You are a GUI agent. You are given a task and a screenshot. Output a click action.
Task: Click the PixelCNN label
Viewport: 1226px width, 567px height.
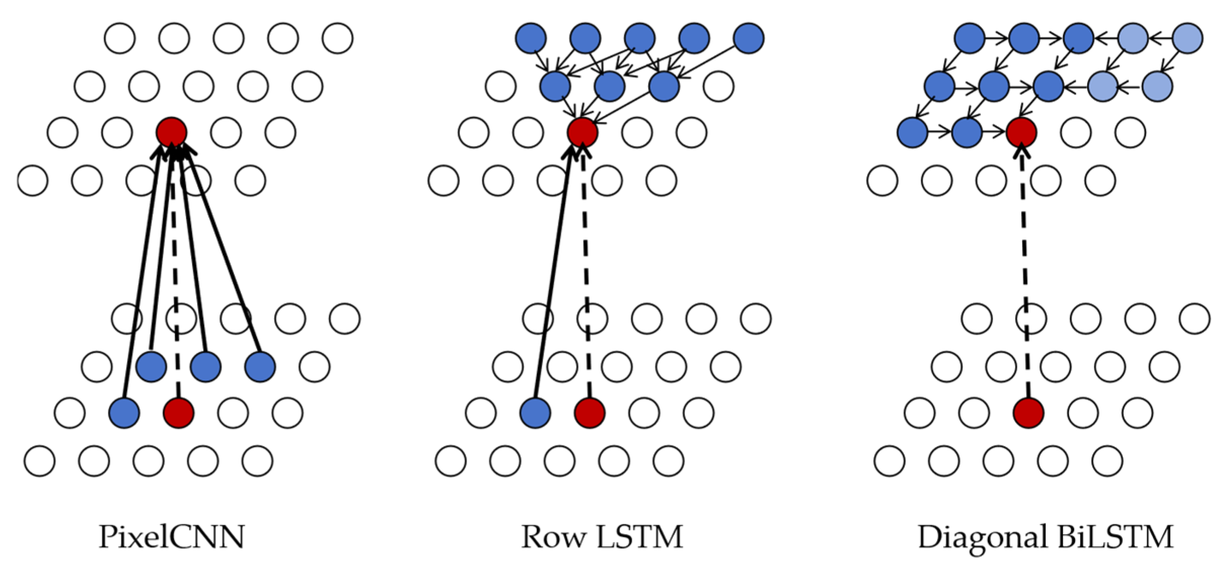coord(171,537)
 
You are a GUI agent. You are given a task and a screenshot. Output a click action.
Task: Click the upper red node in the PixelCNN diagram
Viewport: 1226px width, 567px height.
coord(172,132)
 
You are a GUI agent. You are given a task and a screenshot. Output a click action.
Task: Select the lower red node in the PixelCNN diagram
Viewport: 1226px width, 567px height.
coord(178,413)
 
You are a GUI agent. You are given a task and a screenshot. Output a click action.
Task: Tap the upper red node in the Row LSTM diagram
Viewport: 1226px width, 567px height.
coord(583,132)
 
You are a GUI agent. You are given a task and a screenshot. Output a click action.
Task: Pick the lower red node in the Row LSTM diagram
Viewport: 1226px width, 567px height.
coord(590,413)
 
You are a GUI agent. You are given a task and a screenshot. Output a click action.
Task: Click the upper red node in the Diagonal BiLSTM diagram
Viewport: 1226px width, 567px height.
coord(1021,132)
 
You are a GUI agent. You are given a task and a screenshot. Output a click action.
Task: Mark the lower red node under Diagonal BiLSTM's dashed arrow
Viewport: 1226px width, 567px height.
coord(1028,413)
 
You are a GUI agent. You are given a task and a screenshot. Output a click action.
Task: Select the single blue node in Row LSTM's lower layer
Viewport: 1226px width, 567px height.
coord(535,413)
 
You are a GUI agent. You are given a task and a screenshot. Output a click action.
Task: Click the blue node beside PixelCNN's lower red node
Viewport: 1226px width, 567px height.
coord(125,413)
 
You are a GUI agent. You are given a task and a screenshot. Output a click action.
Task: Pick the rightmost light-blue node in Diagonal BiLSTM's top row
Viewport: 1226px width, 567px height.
coord(1187,38)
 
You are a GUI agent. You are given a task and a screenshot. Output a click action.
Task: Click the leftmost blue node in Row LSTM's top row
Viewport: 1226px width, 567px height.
coord(531,38)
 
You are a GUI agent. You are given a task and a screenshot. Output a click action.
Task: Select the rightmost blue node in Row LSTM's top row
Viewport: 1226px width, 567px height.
coord(749,38)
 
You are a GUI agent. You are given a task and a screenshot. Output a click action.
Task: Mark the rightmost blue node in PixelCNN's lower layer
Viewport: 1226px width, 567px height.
coord(260,366)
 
